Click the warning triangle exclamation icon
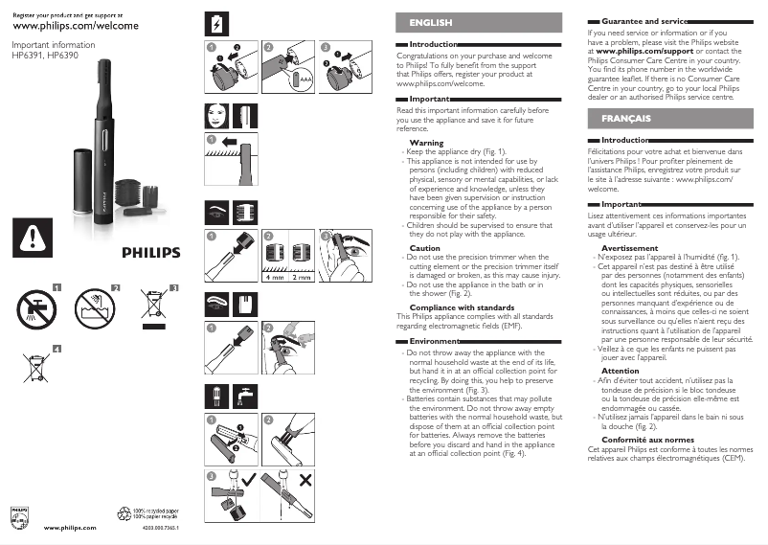click(x=33, y=236)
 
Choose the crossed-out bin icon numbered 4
click(x=34, y=365)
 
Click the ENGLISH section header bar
click(x=478, y=22)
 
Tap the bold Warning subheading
click(x=426, y=143)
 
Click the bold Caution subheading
click(x=424, y=248)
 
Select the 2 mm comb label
click(x=302, y=277)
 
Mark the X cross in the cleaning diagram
click(x=333, y=478)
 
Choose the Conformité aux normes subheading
click(x=650, y=438)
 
